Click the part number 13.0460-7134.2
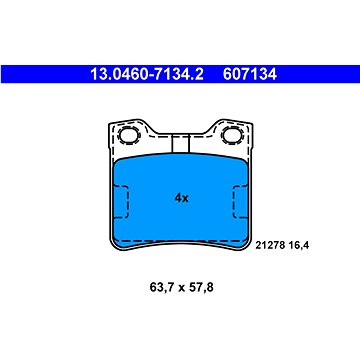coord(147,74)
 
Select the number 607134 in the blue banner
coord(250,74)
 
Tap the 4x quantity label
coord(182,198)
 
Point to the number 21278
coord(270,246)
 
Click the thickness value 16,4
coord(298,246)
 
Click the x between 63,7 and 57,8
coord(181,288)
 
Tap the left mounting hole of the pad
coord(128,135)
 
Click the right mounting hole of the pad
coord(231,135)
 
